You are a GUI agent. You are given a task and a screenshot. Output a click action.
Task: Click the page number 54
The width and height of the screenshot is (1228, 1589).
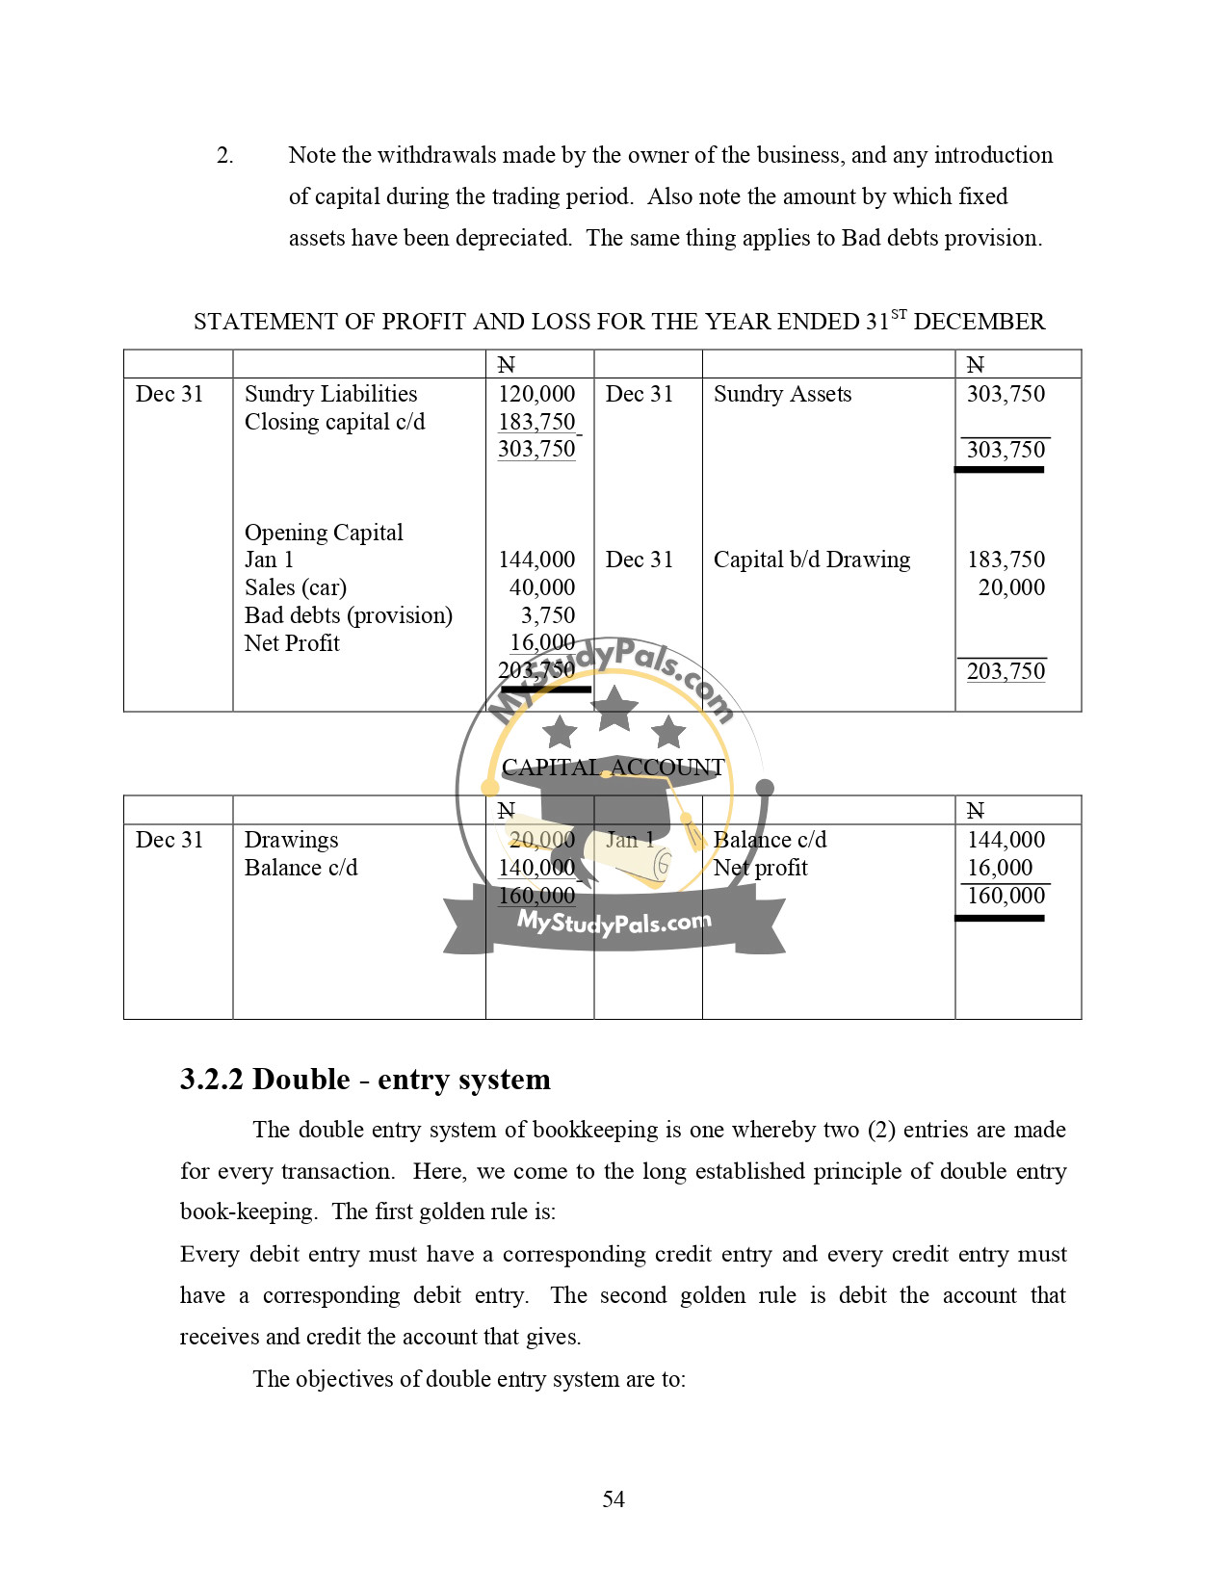(614, 1499)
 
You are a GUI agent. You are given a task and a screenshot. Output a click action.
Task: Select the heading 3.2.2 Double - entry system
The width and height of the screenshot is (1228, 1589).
(365, 1080)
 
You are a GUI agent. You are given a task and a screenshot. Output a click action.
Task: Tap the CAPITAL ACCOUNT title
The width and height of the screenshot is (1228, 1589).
(613, 768)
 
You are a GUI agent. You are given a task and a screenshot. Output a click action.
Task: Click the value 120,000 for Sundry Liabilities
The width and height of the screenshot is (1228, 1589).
(536, 394)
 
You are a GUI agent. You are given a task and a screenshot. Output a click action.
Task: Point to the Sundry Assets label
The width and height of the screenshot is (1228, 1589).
(782, 394)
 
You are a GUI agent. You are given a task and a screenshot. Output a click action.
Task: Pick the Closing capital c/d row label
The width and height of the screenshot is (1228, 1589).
(334, 422)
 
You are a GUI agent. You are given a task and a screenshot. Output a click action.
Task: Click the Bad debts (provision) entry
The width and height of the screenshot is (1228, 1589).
(348, 615)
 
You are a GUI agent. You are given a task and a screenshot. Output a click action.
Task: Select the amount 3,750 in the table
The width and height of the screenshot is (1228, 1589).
(548, 615)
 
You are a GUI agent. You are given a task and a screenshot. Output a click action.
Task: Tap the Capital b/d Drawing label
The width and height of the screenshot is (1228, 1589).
(811, 560)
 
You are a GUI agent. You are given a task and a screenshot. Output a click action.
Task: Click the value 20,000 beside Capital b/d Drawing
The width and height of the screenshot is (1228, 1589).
(1011, 587)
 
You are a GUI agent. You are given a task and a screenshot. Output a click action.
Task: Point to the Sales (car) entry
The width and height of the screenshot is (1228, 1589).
(295, 587)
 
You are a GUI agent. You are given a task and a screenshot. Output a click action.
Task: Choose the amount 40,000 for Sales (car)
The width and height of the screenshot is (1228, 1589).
(542, 587)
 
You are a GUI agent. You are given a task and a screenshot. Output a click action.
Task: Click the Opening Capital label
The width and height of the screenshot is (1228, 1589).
(324, 533)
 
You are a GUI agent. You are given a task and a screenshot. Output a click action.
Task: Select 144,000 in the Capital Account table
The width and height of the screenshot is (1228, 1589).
(1006, 840)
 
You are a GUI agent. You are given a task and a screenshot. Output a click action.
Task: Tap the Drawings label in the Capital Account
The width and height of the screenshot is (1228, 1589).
(291, 840)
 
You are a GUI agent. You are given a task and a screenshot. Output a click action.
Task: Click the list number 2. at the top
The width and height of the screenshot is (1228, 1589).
(225, 156)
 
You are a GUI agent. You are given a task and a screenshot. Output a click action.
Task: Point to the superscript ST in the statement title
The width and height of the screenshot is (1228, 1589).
(899, 314)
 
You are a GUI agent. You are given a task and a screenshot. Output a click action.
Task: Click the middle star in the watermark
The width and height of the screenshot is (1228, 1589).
(614, 708)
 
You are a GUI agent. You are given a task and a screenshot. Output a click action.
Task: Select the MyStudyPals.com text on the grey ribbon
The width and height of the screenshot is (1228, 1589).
(614, 923)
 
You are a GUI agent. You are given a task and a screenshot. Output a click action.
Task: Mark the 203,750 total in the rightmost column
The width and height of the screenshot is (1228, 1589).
(1006, 671)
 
